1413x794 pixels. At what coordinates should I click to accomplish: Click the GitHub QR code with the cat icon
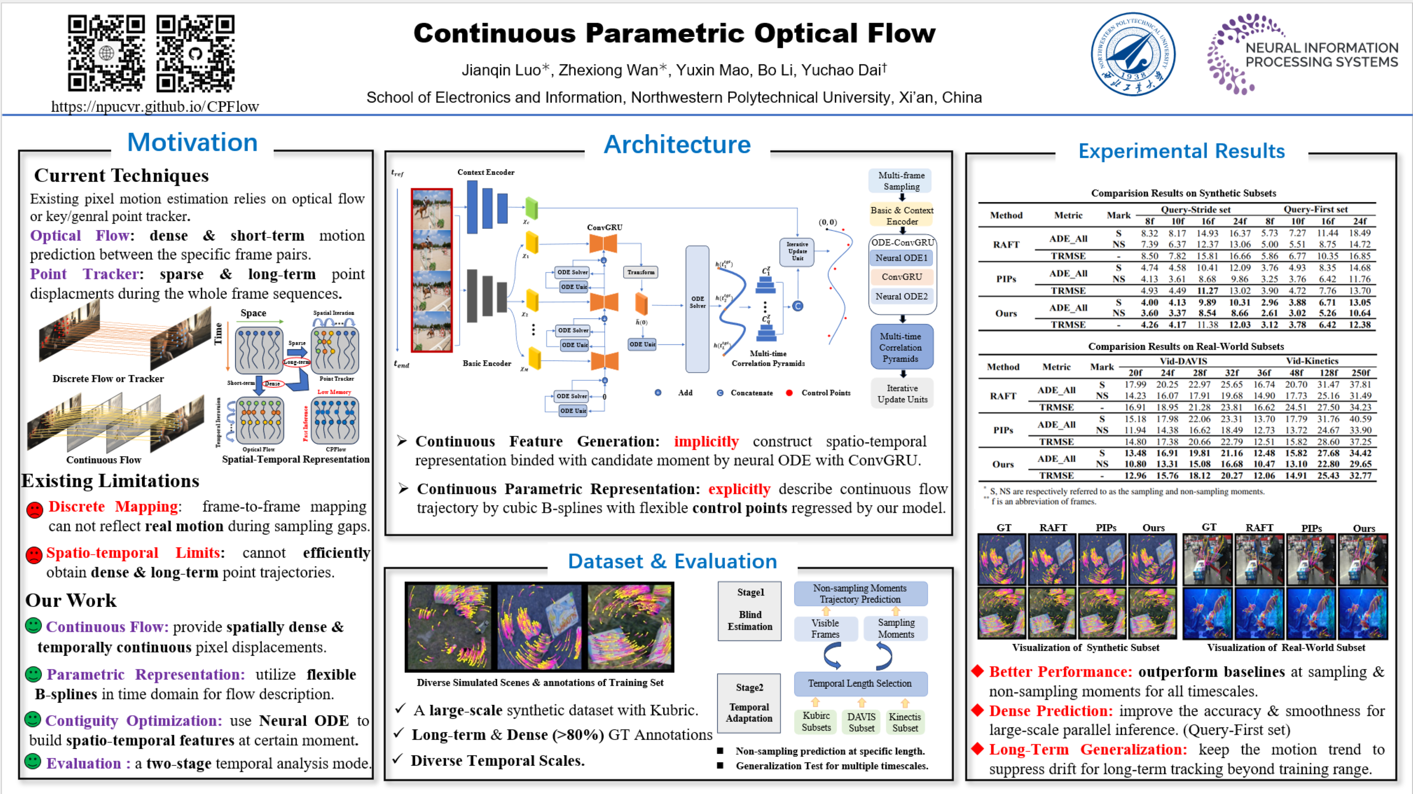(x=195, y=53)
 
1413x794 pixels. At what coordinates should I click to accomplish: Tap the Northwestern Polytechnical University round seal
(x=1133, y=54)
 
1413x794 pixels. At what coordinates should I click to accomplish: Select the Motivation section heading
(x=193, y=143)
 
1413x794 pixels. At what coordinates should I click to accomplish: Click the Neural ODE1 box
(x=901, y=258)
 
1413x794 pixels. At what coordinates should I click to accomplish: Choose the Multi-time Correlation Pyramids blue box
(x=901, y=347)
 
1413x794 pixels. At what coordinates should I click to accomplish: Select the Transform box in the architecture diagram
(x=641, y=272)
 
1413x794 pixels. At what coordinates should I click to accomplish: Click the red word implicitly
(x=706, y=442)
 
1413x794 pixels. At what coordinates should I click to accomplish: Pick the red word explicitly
(x=739, y=489)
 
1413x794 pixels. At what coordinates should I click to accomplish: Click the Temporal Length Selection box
(x=860, y=683)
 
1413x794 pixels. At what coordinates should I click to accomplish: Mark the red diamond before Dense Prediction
(x=977, y=710)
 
